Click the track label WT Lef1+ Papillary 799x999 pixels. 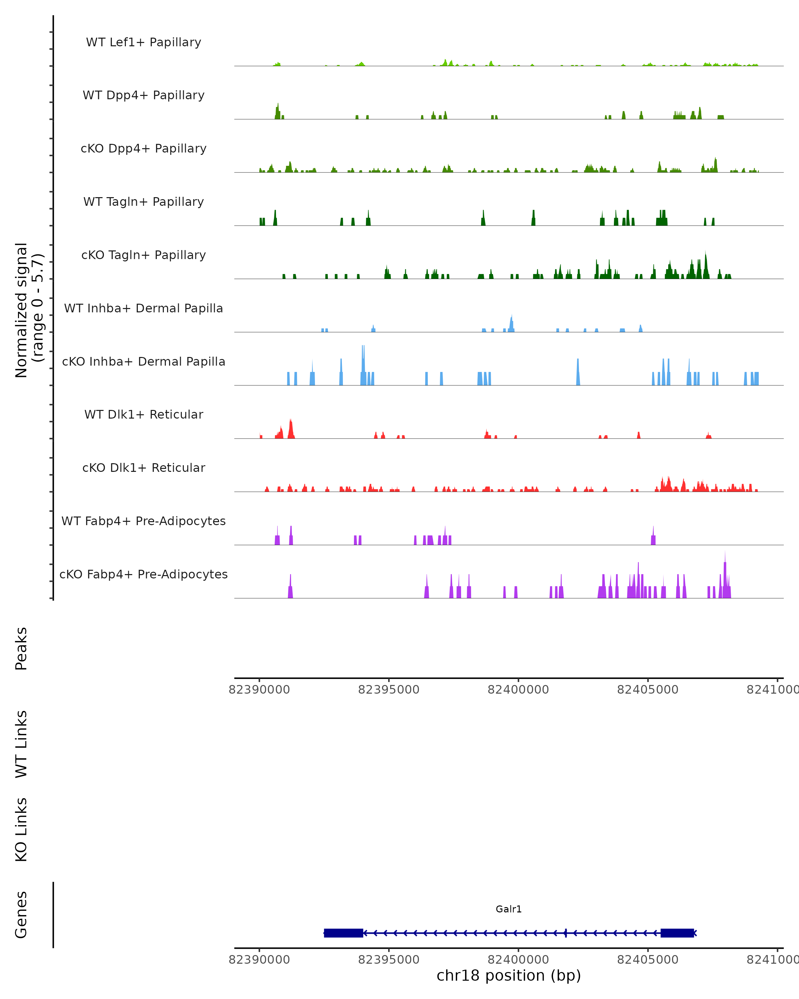click(x=143, y=42)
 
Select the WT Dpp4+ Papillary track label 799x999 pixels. click(x=143, y=96)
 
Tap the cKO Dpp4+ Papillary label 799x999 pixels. click(x=143, y=149)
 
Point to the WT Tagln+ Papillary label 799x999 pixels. click(x=143, y=202)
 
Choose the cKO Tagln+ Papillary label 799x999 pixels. click(x=143, y=255)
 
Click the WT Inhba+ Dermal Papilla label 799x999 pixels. click(x=143, y=309)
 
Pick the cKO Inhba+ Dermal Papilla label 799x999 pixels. click(x=143, y=362)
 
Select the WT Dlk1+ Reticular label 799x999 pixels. click(x=143, y=415)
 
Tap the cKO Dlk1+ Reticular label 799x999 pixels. click(x=143, y=468)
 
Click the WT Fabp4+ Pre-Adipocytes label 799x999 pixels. click(x=143, y=521)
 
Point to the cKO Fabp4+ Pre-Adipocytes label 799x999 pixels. click(x=143, y=574)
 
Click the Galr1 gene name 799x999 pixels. click(x=509, y=909)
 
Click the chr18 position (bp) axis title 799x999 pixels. click(x=509, y=975)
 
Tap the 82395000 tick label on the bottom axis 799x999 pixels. click(x=389, y=959)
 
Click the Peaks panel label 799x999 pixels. click(x=21, y=648)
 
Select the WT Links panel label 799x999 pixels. click(x=21, y=744)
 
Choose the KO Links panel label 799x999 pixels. click(x=21, y=830)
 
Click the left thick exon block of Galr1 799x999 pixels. click(x=343, y=933)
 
